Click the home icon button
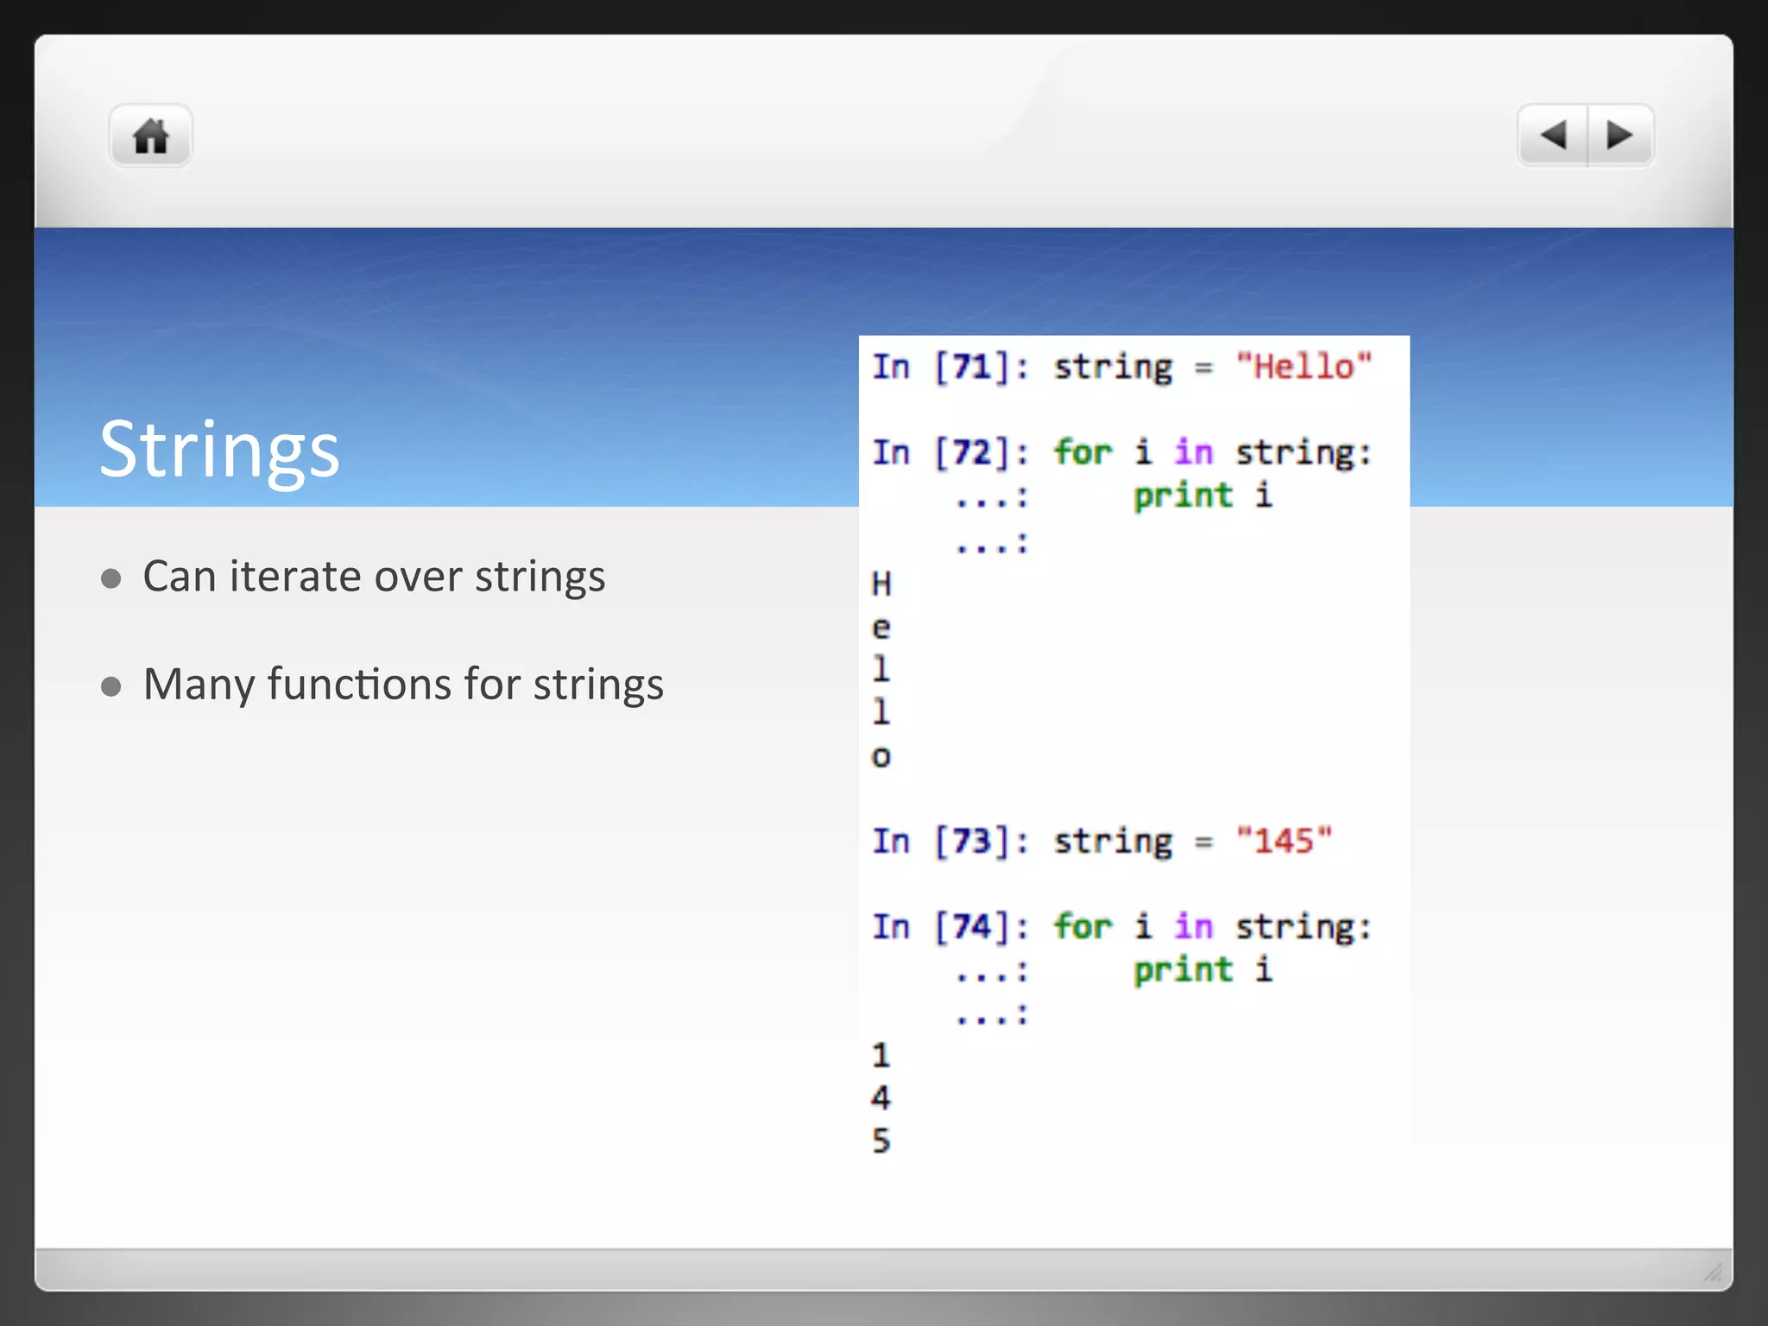(150, 136)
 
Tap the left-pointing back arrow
(1553, 136)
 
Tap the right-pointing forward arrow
(1620, 136)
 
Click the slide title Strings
(219, 449)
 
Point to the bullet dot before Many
(110, 686)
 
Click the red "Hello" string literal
(1304, 367)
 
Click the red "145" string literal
(1284, 841)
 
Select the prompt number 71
(972, 367)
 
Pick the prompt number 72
(972, 452)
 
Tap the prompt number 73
(972, 841)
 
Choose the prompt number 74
(972, 927)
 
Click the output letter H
(881, 584)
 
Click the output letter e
(881, 628)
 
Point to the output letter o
(881, 757)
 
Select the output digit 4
(881, 1098)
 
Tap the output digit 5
(881, 1141)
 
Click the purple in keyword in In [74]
(1194, 927)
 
